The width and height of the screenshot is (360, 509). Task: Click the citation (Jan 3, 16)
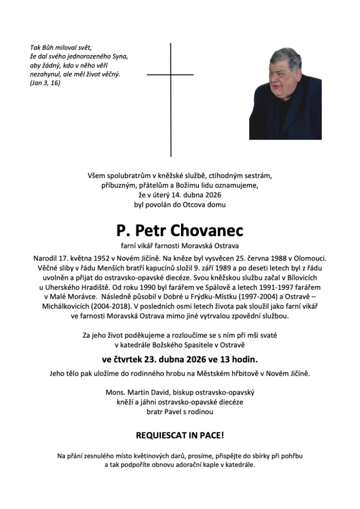(45, 83)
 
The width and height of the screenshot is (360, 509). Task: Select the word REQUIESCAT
(162, 435)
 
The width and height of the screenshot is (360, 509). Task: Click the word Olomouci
(310, 259)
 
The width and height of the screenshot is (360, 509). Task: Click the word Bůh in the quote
(50, 47)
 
